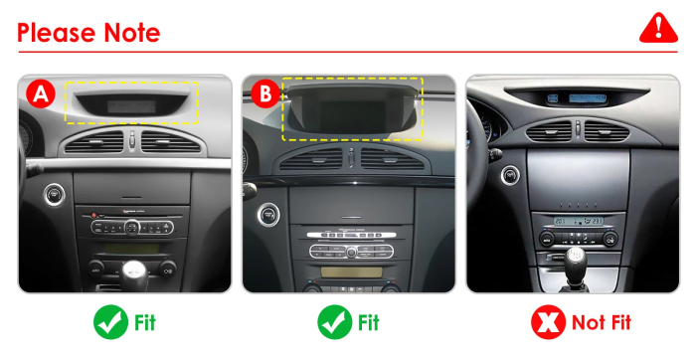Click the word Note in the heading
click(132, 33)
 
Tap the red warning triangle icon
click(658, 28)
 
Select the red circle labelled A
click(41, 93)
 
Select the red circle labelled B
click(265, 93)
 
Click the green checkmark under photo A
click(110, 322)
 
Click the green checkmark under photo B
click(335, 322)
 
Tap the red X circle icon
click(548, 322)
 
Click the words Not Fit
click(602, 323)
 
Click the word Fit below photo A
click(145, 323)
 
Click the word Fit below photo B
click(369, 323)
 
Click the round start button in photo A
click(54, 195)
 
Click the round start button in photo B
click(268, 215)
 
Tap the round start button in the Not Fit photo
click(510, 175)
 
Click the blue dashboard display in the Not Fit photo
click(588, 98)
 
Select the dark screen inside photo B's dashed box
click(353, 115)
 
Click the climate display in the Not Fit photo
click(579, 221)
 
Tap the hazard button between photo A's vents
click(132, 140)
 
